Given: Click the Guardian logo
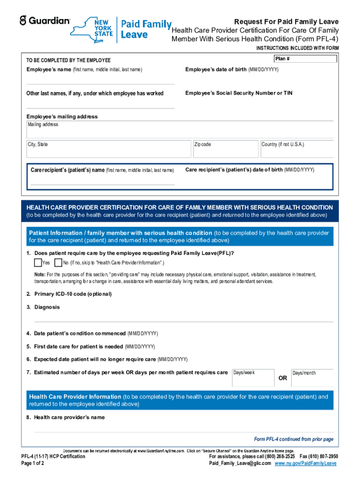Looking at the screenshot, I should click(x=44, y=21).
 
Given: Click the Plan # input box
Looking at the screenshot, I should click(x=305, y=59).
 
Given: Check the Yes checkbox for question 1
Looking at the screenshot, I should click(x=38, y=262).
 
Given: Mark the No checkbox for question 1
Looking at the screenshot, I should click(x=58, y=262).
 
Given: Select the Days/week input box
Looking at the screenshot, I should click(x=253, y=377).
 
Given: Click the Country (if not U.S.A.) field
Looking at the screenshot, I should click(x=296, y=149).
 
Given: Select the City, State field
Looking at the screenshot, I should click(x=109, y=149).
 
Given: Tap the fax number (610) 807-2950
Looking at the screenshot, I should click(x=322, y=456).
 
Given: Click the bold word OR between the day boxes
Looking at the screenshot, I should click(x=283, y=378).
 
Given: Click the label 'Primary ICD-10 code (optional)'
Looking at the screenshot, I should click(x=73, y=294).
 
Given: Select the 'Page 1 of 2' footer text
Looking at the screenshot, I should click(x=33, y=463).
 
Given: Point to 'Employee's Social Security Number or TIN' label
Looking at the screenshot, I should click(x=239, y=93).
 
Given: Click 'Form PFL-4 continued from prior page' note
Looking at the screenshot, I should click(x=294, y=439).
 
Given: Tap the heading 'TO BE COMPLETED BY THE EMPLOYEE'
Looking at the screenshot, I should click(x=68, y=60).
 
